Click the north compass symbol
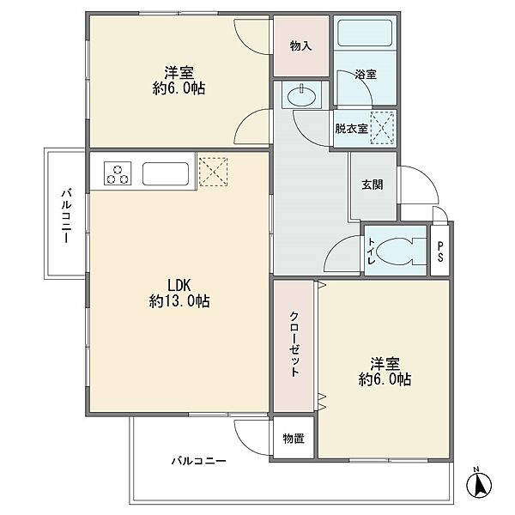479,483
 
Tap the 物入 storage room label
300,46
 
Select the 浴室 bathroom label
366,74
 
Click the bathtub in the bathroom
365,33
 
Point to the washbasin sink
301,95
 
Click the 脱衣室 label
351,129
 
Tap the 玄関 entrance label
373,185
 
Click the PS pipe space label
440,251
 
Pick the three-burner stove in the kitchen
118,173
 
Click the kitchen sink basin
166,173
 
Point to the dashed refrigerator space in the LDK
213,172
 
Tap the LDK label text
179,285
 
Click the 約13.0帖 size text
179,301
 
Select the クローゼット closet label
294,344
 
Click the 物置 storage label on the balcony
294,438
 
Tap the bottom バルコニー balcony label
199,461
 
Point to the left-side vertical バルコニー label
67,215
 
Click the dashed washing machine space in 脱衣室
382,128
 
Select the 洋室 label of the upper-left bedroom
179,73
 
